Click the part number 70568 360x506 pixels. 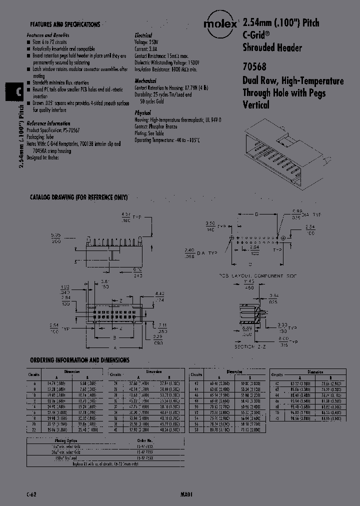click(x=254, y=65)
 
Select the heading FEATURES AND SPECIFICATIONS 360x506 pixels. click(x=65, y=24)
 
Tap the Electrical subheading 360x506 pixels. click(x=143, y=36)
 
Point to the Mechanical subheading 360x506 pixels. click(x=145, y=81)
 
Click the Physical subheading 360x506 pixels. click(x=143, y=113)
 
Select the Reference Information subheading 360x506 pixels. click(x=48, y=123)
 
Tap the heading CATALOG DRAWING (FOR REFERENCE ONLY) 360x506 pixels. click(x=79, y=197)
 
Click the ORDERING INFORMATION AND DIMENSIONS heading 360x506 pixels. click(x=79, y=360)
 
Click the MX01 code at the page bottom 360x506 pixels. click(x=186, y=493)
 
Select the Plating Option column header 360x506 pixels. click(x=50, y=440)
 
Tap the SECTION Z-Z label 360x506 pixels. click(x=249, y=345)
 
